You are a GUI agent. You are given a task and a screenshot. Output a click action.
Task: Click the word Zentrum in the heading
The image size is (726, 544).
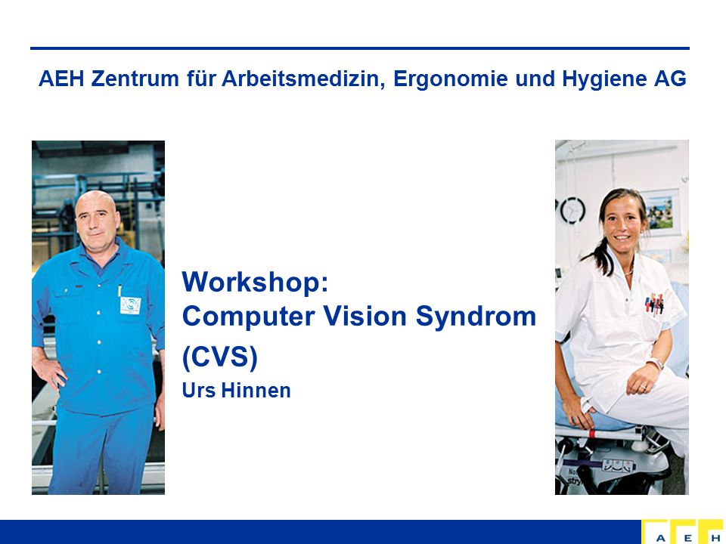135,78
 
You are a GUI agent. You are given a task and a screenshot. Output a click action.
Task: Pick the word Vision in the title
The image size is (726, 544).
365,316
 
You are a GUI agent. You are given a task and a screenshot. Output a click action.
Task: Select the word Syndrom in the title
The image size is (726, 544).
476,317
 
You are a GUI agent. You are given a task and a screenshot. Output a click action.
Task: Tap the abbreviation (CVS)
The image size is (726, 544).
220,357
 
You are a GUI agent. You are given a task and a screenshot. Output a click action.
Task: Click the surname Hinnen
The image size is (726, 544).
256,391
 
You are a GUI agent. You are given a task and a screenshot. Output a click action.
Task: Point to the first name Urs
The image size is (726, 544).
199,391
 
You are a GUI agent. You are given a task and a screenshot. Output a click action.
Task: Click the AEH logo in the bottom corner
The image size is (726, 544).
684,531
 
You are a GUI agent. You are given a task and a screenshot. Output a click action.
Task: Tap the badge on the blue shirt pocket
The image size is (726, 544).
130,305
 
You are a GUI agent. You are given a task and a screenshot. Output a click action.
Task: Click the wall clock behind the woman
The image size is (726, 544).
572,211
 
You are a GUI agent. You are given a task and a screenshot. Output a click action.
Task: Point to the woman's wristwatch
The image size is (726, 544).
655,363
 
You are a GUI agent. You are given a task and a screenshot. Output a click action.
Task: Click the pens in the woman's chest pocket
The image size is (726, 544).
654,303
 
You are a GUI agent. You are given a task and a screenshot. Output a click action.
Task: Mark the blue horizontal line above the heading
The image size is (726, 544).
360,48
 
